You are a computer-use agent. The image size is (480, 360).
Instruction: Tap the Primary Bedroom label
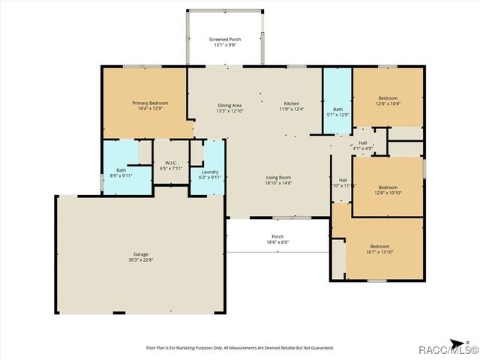coord(150,103)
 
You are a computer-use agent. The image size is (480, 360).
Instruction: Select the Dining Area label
coord(229,105)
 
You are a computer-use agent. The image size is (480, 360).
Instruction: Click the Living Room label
coord(277,177)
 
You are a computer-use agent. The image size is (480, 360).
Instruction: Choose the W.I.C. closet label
coord(166,163)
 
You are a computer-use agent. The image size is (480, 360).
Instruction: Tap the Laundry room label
coord(210,172)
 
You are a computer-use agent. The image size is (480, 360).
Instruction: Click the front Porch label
coord(277,238)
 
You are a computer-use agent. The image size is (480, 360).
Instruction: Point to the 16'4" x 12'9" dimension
coord(150,109)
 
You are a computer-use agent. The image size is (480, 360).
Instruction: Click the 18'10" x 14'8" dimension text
coord(277,183)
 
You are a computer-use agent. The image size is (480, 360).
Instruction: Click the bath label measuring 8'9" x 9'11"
coord(121,170)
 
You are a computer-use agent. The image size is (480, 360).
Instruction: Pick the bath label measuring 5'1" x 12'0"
coord(337,109)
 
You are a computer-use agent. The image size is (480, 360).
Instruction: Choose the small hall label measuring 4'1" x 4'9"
coord(363,142)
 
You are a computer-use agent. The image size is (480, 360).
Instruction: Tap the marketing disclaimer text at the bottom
coord(239,347)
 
